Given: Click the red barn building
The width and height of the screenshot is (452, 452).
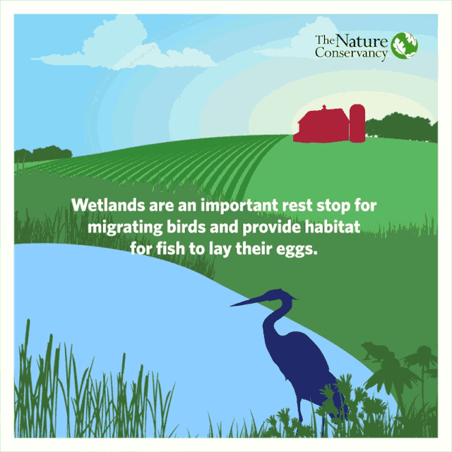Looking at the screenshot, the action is click(x=321, y=126).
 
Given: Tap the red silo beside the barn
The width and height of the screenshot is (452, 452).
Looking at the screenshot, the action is click(x=357, y=124).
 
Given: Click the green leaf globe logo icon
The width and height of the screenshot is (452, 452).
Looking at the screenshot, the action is click(x=404, y=45).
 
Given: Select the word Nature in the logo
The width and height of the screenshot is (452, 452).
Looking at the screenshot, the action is click(x=362, y=41).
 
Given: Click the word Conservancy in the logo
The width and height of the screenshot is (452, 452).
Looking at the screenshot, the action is click(x=351, y=54).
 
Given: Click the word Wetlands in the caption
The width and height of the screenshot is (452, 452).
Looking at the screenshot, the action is click(x=108, y=205).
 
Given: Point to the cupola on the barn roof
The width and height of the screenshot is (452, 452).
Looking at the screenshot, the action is click(x=324, y=107).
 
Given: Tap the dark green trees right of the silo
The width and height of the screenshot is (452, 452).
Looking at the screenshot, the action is click(x=401, y=127).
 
